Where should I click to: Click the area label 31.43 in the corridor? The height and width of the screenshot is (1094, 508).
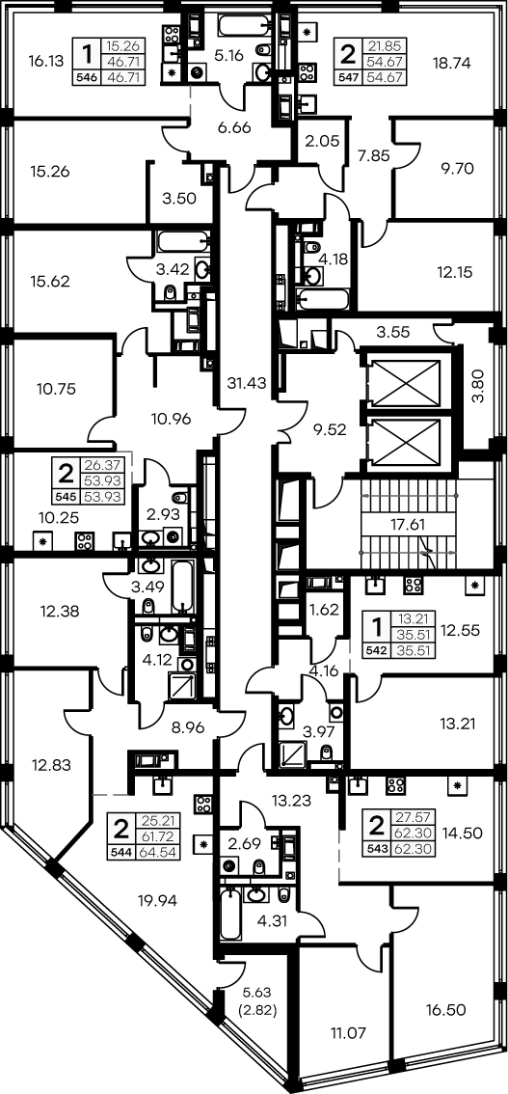pyautogui.click(x=248, y=382)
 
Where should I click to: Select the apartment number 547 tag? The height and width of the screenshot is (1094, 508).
pyautogui.click(x=348, y=77)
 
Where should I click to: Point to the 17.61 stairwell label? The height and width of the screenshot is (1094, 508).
pyautogui.click(x=409, y=526)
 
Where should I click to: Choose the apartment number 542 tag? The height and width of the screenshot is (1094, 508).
pyautogui.click(x=377, y=649)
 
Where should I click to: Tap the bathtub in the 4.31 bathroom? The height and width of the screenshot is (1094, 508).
pyautogui.click(x=229, y=915)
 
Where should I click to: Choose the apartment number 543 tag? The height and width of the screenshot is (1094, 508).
pyautogui.click(x=376, y=849)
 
